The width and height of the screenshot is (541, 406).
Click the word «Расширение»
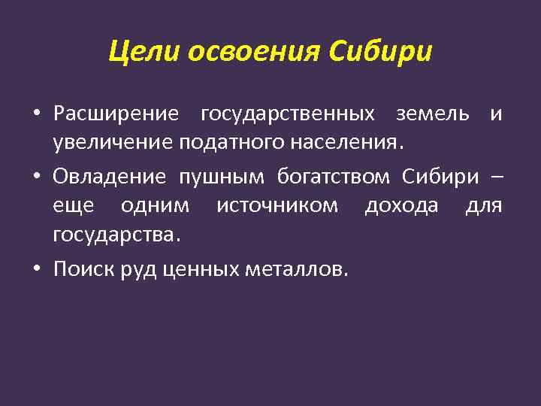116,114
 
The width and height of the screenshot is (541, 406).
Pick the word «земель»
429,114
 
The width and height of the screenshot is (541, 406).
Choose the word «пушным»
221,178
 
